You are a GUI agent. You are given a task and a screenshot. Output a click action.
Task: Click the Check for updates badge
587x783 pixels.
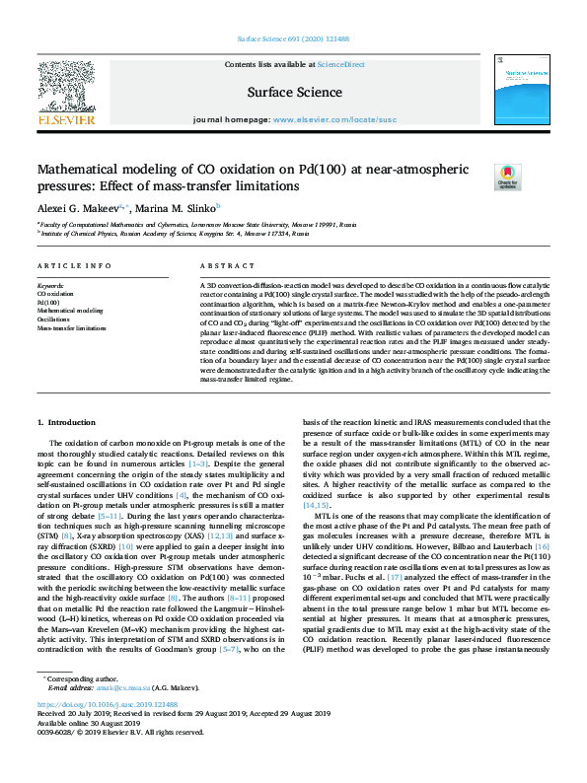(x=507, y=178)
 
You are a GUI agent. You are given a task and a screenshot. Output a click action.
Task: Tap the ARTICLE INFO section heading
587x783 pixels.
(x=74, y=267)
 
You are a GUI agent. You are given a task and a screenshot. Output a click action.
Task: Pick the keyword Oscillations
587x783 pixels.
(x=54, y=320)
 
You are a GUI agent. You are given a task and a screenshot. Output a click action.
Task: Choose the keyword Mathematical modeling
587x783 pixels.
(x=69, y=311)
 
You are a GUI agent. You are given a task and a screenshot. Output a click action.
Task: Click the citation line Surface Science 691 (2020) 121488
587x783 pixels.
(x=294, y=40)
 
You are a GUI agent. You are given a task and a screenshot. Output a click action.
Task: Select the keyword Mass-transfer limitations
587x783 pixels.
(x=72, y=328)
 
